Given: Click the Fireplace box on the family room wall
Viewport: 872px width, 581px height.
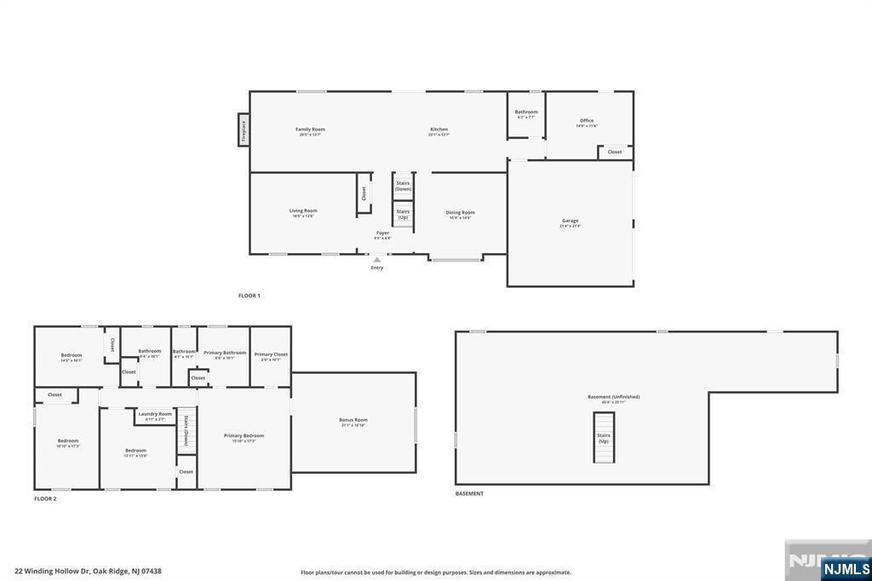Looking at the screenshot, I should [243, 129].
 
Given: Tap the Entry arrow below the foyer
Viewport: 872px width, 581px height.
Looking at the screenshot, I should [376, 260].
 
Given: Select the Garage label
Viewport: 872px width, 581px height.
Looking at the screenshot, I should [570, 221].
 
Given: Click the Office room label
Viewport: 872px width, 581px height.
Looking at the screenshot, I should [587, 121].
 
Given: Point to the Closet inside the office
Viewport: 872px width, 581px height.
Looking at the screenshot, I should [614, 152].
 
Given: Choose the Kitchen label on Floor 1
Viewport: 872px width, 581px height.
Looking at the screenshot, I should [439, 129].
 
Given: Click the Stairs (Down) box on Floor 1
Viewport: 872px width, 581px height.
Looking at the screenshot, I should [403, 185].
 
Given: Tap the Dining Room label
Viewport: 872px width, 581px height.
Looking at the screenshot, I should [461, 213].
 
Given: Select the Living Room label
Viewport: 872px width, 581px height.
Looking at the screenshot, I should [302, 211].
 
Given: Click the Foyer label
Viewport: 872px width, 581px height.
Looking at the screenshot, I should [383, 233].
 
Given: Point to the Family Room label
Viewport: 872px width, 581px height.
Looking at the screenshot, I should [310, 129].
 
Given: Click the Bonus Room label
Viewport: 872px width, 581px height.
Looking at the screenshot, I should [353, 420].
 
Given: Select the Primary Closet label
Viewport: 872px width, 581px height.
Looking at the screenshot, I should [271, 354].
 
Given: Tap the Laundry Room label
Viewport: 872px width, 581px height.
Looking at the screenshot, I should [155, 414].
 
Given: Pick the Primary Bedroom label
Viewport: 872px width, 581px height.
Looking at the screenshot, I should [244, 436].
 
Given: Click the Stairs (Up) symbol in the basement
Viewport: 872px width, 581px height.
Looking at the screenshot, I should [604, 437].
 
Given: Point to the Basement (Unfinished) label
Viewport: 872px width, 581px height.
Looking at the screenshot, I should [613, 397].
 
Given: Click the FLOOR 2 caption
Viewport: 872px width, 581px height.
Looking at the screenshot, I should [45, 498].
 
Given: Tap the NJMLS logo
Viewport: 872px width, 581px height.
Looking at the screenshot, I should [846, 568].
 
